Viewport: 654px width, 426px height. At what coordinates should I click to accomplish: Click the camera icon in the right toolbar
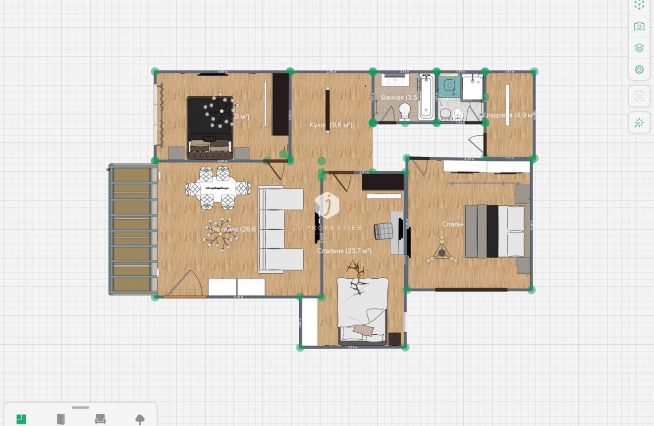coord(639,26)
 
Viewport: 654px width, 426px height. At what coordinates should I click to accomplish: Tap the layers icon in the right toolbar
coord(639,48)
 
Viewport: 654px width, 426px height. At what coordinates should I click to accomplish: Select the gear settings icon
coord(639,69)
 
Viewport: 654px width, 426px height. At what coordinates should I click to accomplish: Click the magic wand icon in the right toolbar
coord(639,122)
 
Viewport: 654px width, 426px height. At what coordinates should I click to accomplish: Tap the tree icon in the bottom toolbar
coord(140,419)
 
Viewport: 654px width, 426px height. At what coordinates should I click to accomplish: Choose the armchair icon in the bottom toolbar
coord(101,419)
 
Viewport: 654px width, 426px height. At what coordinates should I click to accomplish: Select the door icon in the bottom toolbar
coord(61,419)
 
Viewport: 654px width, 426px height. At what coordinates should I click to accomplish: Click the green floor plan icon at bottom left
coord(21,419)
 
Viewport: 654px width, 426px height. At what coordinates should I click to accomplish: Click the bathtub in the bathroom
coord(426,97)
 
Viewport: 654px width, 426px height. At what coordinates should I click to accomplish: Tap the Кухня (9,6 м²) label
coord(330,125)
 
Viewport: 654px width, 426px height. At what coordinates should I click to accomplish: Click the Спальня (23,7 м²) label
coord(344,251)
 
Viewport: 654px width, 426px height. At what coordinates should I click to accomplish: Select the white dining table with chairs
coord(218,188)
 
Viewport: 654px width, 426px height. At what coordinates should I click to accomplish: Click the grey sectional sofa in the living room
coord(280,230)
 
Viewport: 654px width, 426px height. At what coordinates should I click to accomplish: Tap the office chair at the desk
coord(383,231)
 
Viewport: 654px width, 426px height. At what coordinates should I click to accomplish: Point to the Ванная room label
coord(392,97)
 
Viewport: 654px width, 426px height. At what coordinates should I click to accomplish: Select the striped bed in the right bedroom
coord(494,231)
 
